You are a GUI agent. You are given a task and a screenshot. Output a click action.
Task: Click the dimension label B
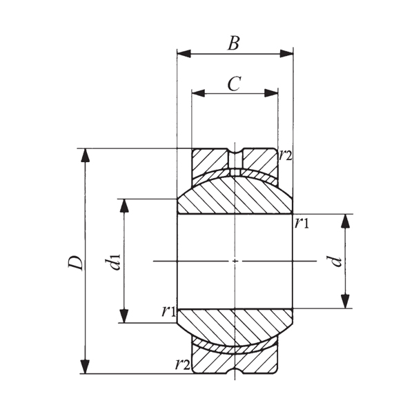coord(234,43)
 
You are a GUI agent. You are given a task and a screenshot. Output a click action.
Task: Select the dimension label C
coord(234,83)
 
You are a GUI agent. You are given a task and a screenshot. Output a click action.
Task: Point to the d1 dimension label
coord(113,262)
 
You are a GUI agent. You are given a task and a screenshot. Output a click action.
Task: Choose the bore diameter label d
coord(336,261)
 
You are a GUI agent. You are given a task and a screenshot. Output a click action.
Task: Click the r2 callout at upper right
coord(286,155)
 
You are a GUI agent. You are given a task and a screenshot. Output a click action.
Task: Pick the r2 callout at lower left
coord(182,364)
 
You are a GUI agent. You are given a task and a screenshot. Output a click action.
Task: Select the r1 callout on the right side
coord(302,222)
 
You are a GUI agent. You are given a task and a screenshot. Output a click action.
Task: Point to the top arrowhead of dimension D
coord(86,154)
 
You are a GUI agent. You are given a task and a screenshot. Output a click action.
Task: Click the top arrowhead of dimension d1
coord(125,204)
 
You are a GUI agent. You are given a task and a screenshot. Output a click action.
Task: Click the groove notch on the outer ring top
coord(235,152)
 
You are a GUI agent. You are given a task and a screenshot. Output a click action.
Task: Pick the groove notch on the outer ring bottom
coord(235,370)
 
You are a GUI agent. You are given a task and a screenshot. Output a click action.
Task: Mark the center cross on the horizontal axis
coord(235,261)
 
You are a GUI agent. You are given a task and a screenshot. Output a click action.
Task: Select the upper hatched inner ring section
coord(235,196)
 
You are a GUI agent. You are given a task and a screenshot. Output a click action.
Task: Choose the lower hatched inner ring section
coord(235,324)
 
